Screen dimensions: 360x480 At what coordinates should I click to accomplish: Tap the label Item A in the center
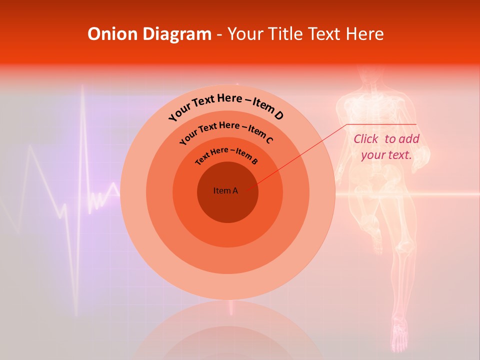(x=225, y=190)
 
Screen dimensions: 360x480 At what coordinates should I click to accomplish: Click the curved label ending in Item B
(x=226, y=155)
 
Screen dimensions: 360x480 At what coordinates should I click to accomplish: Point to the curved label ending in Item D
(x=226, y=106)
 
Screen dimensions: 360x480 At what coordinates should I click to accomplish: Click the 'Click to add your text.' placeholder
(x=386, y=147)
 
